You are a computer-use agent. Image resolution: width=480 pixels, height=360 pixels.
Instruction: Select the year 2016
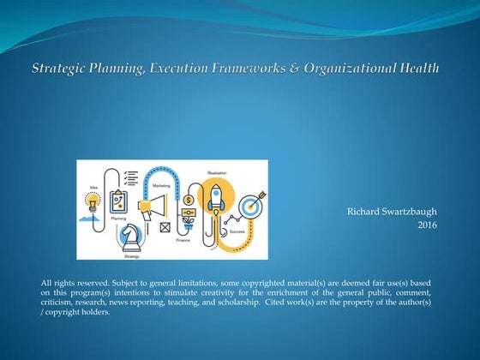[427, 224]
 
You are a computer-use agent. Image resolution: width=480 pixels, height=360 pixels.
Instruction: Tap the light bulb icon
[93, 202]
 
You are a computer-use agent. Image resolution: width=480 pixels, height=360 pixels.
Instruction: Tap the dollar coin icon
[188, 200]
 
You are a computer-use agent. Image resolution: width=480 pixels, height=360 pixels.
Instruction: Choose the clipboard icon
[120, 201]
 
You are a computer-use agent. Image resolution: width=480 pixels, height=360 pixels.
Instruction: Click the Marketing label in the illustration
[161, 184]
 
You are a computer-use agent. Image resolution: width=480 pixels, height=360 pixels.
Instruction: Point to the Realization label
[216, 172]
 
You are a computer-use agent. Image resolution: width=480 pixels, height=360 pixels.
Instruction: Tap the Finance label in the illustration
[184, 241]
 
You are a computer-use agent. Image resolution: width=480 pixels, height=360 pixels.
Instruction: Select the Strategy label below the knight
[132, 255]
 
